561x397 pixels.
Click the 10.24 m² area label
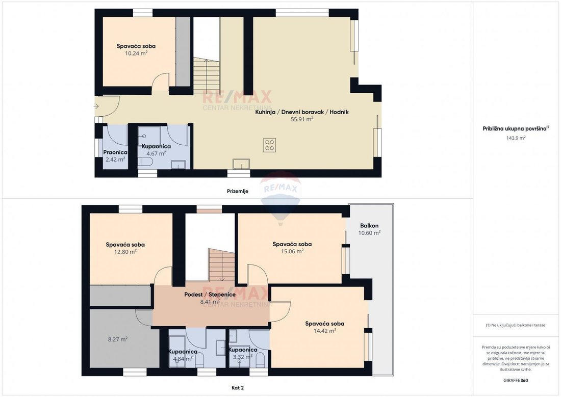(136, 54)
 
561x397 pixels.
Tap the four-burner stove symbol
(269, 145)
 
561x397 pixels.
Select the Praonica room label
(115, 152)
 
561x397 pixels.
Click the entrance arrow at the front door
(96, 106)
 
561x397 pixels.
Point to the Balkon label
(369, 226)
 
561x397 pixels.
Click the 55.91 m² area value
(302, 119)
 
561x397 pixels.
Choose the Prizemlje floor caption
(238, 191)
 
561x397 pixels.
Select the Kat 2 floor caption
(238, 388)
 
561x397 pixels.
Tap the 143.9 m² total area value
(516, 138)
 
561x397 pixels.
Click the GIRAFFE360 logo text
(516, 381)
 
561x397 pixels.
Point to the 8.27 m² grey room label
(118, 339)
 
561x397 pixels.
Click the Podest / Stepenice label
(210, 295)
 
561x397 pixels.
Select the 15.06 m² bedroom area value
(292, 251)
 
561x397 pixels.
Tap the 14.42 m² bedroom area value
(324, 331)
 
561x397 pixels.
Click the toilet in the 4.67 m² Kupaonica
(145, 163)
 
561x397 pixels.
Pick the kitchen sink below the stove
(241, 164)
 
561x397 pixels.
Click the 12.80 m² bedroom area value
(125, 252)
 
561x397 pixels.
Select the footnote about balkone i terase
(516, 326)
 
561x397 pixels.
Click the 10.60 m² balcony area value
(369, 233)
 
